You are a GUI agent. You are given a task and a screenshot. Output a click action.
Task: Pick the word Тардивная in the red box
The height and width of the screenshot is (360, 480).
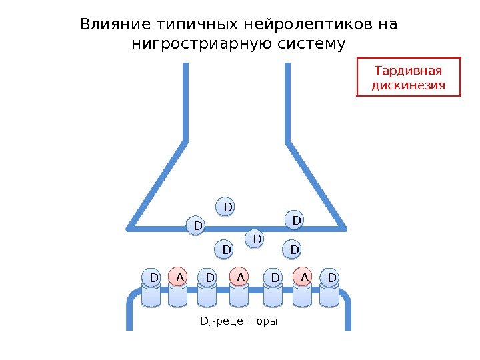409,70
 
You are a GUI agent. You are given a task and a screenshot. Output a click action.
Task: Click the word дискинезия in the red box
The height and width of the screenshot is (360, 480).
409,86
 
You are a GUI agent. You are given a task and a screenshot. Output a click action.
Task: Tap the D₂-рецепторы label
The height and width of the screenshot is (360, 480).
239,321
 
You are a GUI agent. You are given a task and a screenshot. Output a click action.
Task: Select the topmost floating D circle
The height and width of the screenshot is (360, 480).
228,207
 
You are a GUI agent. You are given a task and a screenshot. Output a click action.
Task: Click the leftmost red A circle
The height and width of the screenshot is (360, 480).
178,277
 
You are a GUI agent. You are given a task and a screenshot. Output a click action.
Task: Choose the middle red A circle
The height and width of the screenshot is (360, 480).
241,277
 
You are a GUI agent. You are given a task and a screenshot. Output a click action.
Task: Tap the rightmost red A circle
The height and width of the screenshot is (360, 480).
304,277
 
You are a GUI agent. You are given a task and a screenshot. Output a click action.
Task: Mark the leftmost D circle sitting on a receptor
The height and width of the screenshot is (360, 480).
153,277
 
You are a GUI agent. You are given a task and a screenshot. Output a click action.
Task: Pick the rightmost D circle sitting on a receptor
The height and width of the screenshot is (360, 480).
331,277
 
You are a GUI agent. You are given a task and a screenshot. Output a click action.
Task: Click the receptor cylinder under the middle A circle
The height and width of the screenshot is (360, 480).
240,297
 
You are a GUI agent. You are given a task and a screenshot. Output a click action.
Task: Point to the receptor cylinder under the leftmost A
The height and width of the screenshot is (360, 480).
177,297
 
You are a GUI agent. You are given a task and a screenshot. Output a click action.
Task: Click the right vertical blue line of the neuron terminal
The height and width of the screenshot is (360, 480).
288,100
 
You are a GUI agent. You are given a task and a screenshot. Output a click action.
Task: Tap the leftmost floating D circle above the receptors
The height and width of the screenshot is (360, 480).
197,227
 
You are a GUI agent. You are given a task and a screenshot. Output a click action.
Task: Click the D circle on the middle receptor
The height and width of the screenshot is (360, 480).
273,277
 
